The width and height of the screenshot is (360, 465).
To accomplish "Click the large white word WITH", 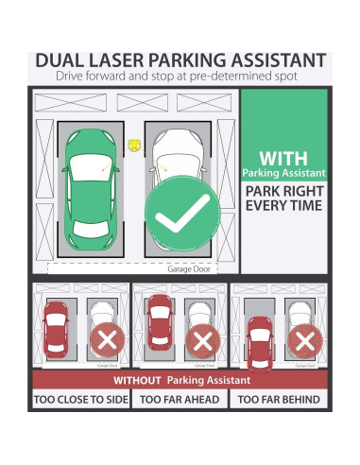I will pyautogui.click(x=284, y=157).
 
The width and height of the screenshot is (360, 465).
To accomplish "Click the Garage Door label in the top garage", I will pyautogui.click(x=186, y=268).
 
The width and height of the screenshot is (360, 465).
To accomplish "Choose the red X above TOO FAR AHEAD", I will pyautogui.click(x=201, y=338).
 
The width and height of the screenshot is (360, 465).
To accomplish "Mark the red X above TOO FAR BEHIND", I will pyautogui.click(x=302, y=338).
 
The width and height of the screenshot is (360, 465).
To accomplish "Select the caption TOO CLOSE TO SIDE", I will pyautogui.click(x=81, y=400).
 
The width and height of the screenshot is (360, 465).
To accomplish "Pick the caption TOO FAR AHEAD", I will pyautogui.click(x=180, y=400).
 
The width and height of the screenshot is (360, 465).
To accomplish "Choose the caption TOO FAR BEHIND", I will pyautogui.click(x=279, y=400).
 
